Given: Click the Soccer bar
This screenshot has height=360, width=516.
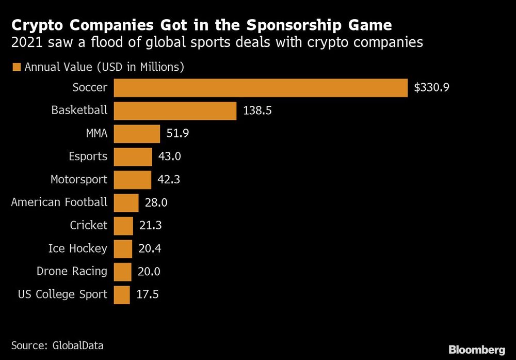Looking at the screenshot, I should pyautogui.click(x=260, y=88).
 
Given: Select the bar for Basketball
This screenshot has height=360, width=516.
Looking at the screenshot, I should pyautogui.click(x=175, y=111).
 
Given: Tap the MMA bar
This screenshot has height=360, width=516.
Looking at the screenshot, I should pyautogui.click(x=137, y=134).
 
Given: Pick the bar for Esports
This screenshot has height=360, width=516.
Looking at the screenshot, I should pyautogui.click(x=133, y=156).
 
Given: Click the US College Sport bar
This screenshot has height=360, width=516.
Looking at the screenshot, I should pyautogui.click(x=122, y=294).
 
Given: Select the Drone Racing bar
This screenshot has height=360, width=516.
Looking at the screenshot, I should pyautogui.click(x=123, y=272).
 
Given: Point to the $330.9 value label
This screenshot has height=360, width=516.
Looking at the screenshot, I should pyautogui.click(x=432, y=88).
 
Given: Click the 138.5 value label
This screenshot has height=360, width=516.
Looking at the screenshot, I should pyautogui.click(x=257, y=111).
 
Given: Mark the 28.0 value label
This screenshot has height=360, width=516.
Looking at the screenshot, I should pyautogui.click(x=156, y=203).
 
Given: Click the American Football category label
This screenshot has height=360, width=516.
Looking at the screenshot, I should pyautogui.click(x=59, y=202).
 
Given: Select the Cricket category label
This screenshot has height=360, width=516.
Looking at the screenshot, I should pyautogui.click(x=89, y=225).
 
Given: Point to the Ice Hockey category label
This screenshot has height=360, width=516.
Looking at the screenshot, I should pyautogui.click(x=78, y=248).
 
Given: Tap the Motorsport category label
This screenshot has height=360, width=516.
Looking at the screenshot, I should pyautogui.click(x=79, y=180).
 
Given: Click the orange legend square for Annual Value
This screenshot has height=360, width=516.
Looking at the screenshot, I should pyautogui.click(x=15, y=67).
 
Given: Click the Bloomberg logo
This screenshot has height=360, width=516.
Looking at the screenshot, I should pyautogui.click(x=477, y=350).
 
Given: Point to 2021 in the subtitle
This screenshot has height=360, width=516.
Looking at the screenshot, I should pyautogui.click(x=26, y=42).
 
